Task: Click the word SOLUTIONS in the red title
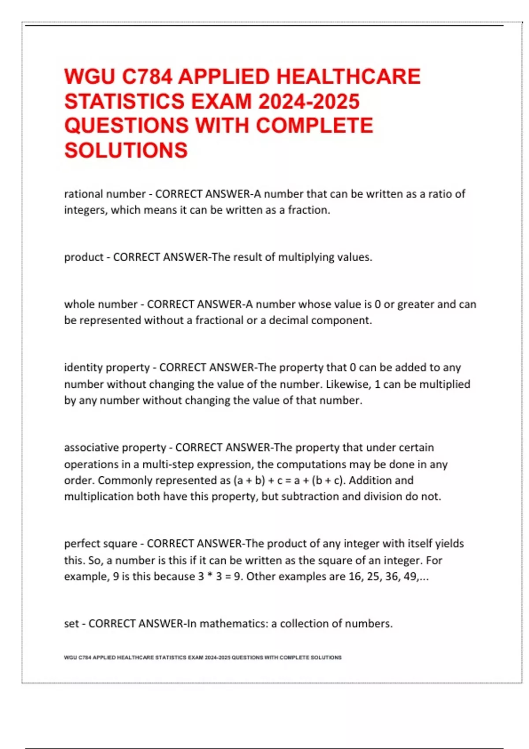point(126,150)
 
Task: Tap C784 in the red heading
point(147,77)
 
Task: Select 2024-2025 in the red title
point(309,101)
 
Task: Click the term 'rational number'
point(105,194)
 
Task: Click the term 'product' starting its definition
point(84,257)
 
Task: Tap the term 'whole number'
point(101,304)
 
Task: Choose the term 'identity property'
point(107,367)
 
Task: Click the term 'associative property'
point(115,448)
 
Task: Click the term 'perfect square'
point(101,544)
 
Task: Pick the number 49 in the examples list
point(410,576)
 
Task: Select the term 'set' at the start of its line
point(71,624)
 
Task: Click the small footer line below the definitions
point(203,657)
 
